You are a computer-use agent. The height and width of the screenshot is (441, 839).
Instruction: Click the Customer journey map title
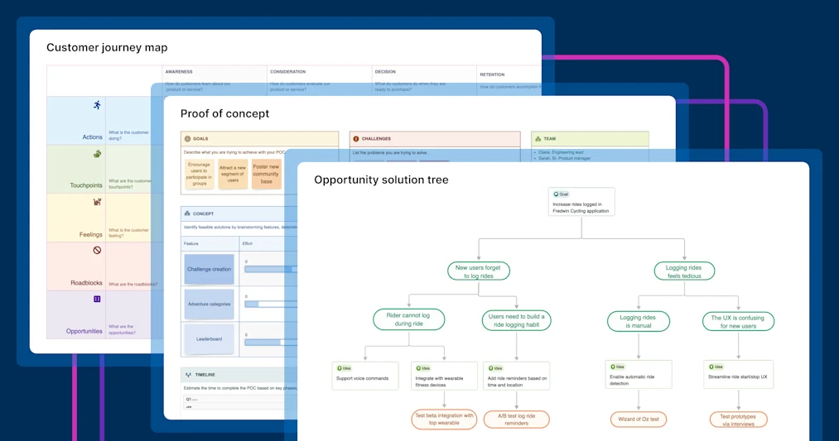(x=107, y=48)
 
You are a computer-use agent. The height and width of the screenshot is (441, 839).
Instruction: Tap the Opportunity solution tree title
(x=381, y=180)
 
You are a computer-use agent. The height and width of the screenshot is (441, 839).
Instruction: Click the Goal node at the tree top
(x=581, y=203)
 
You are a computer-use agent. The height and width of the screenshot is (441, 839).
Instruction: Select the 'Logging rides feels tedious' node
(x=684, y=271)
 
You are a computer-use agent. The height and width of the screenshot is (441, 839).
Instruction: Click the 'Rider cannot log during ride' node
(x=409, y=319)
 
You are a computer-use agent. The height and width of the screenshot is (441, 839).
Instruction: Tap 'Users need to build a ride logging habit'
(x=517, y=320)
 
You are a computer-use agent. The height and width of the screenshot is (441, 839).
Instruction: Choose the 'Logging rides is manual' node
(x=638, y=321)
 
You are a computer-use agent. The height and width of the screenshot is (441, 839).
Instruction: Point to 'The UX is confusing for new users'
(x=738, y=321)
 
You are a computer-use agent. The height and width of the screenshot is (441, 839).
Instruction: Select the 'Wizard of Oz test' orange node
(x=639, y=419)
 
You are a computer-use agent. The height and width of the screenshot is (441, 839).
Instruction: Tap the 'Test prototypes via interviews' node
(x=738, y=419)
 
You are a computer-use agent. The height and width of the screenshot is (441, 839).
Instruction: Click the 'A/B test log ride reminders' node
(x=517, y=419)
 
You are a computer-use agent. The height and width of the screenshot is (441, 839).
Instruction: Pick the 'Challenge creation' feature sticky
(x=209, y=270)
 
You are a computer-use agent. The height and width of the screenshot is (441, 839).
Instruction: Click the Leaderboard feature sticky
(x=209, y=339)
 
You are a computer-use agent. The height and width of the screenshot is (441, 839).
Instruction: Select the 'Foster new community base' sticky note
(x=266, y=175)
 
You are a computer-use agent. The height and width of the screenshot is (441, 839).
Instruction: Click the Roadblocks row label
(x=85, y=282)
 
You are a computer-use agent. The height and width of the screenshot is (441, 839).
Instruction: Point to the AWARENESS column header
(x=179, y=72)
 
